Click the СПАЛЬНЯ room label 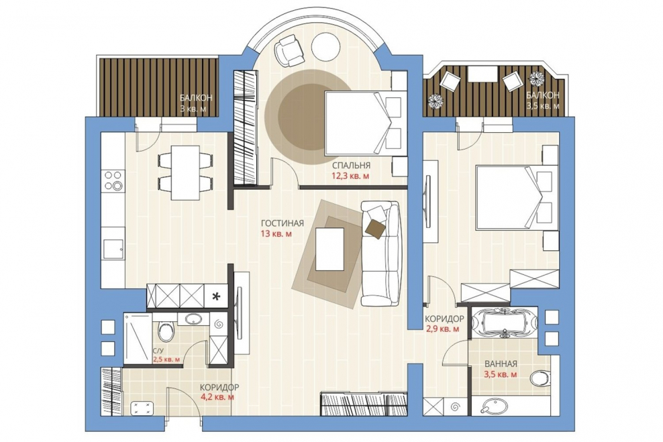tap(351, 165)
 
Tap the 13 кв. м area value tap(276, 233)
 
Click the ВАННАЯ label tap(501, 364)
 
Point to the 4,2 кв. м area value tap(217, 397)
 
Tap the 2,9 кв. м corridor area tap(442, 329)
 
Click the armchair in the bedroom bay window tap(289, 50)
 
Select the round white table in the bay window tap(325, 48)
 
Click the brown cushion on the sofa tap(376, 229)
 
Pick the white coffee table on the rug tap(329, 249)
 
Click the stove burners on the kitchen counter tap(113, 180)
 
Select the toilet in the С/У tap(166, 331)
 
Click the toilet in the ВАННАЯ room tap(540, 378)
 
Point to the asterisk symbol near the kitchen tap(217, 296)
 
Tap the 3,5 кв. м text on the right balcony tap(543, 106)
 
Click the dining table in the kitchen tap(185, 172)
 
